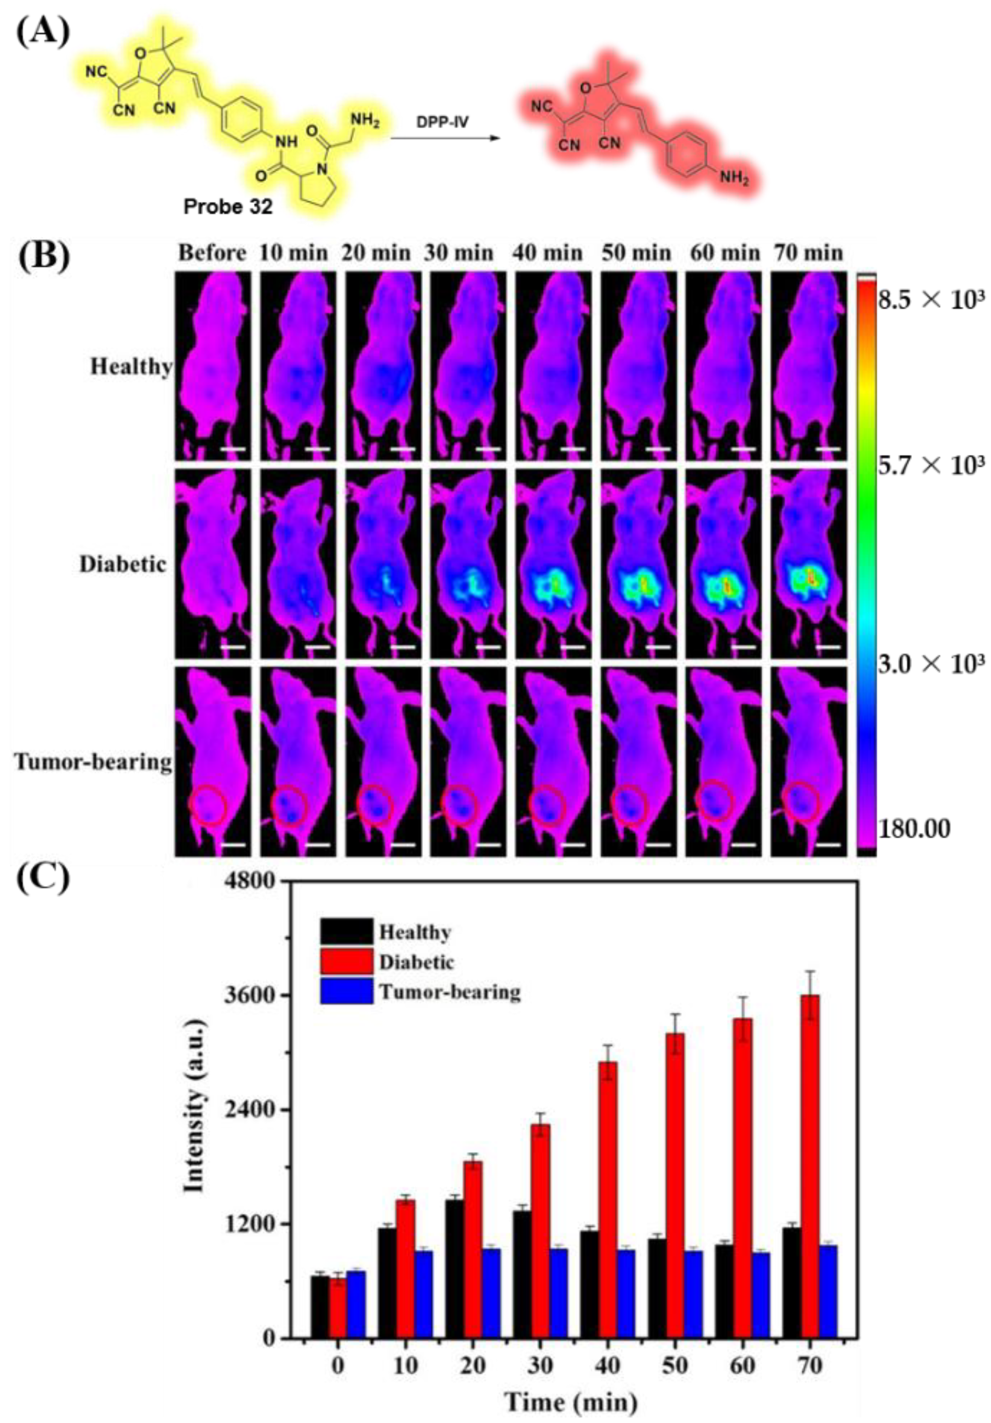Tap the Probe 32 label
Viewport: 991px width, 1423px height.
point(227,206)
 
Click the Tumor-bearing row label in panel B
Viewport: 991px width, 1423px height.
point(93,761)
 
